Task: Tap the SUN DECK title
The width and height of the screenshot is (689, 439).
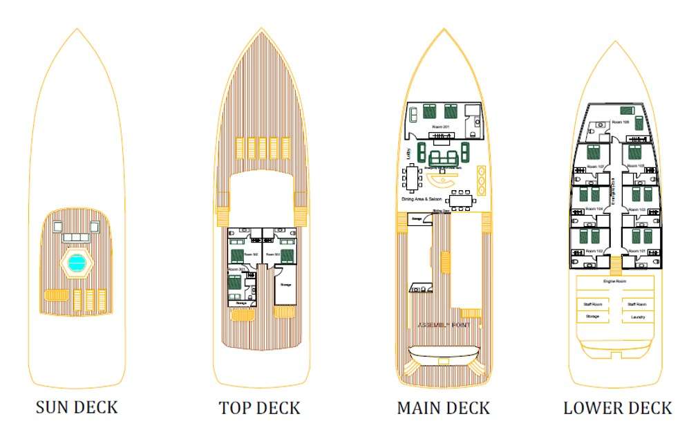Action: pyautogui.click(x=77, y=407)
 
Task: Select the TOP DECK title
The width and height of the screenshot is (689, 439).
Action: pyautogui.click(x=260, y=407)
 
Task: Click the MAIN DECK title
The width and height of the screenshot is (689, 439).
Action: pyautogui.click(x=444, y=407)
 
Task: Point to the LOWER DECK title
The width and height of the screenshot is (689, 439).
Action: pyautogui.click(x=617, y=407)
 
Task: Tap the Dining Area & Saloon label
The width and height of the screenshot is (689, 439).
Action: pyautogui.click(x=422, y=199)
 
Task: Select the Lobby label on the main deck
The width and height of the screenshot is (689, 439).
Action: pyautogui.click(x=409, y=153)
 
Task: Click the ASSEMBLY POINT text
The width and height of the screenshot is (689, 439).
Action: pyautogui.click(x=443, y=325)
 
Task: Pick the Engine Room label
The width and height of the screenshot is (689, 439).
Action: pyautogui.click(x=614, y=281)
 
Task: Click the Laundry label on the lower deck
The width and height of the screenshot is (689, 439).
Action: pyautogui.click(x=637, y=317)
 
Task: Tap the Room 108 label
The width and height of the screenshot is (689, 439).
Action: pyautogui.click(x=621, y=122)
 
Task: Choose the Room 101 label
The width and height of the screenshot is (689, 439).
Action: pyautogui.click(x=639, y=250)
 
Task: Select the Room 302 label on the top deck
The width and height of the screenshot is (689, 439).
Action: pyautogui.click(x=251, y=255)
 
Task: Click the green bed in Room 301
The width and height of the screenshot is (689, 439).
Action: pyautogui.click(x=234, y=283)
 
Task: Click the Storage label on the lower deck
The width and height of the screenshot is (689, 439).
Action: pyautogui.click(x=592, y=317)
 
